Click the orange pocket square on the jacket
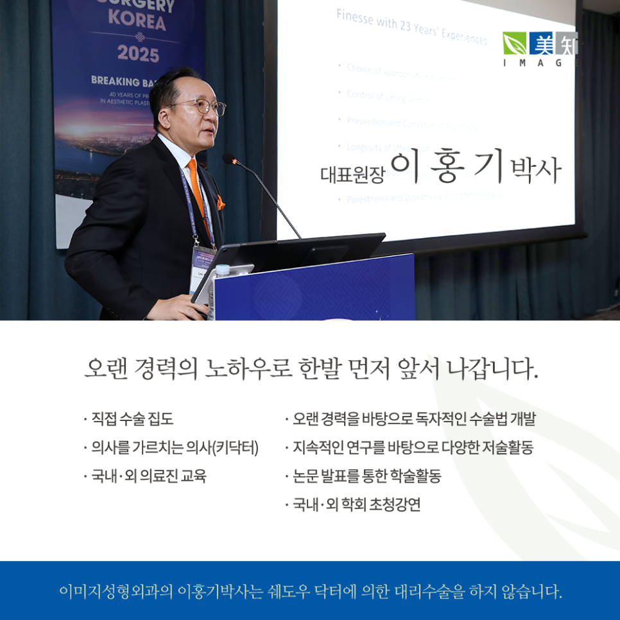click(x=221, y=203)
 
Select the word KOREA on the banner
click(x=136, y=23)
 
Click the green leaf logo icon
click(x=514, y=44)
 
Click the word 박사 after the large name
click(x=535, y=171)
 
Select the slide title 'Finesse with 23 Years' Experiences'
click(x=411, y=28)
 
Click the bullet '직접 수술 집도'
click(x=132, y=420)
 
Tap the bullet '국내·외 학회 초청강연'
click(x=357, y=504)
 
